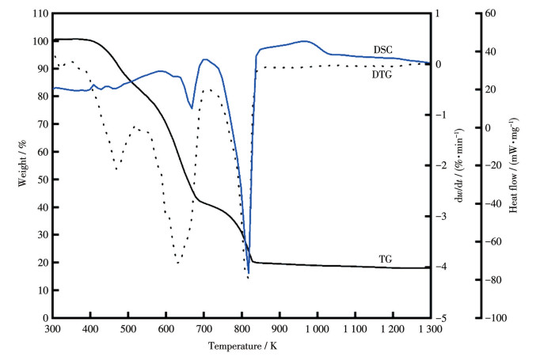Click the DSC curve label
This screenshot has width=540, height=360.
[x=384, y=49]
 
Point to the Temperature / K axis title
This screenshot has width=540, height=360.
[x=243, y=346]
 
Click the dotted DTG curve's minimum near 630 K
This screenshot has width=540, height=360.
[x=178, y=262]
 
